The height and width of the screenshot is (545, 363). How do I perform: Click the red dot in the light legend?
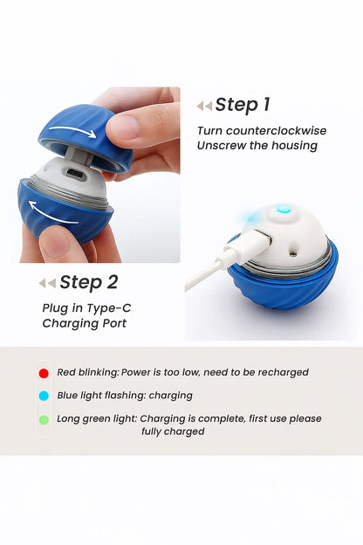tap(44, 373)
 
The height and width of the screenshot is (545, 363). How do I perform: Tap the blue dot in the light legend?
tap(44, 396)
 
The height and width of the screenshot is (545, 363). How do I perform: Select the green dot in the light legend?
tap(44, 420)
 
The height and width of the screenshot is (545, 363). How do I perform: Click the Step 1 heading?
tap(243, 105)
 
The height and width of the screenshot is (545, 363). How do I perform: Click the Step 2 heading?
tap(89, 282)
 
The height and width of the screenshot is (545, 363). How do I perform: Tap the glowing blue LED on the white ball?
tap(284, 210)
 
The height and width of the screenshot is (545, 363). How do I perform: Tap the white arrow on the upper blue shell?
tap(73, 131)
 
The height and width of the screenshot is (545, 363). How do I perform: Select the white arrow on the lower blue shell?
tap(52, 213)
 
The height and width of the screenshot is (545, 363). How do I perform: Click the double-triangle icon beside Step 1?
tap(204, 106)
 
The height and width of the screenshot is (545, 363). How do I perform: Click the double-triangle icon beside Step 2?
tap(47, 283)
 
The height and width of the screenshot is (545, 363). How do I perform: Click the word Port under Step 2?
tap(114, 323)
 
